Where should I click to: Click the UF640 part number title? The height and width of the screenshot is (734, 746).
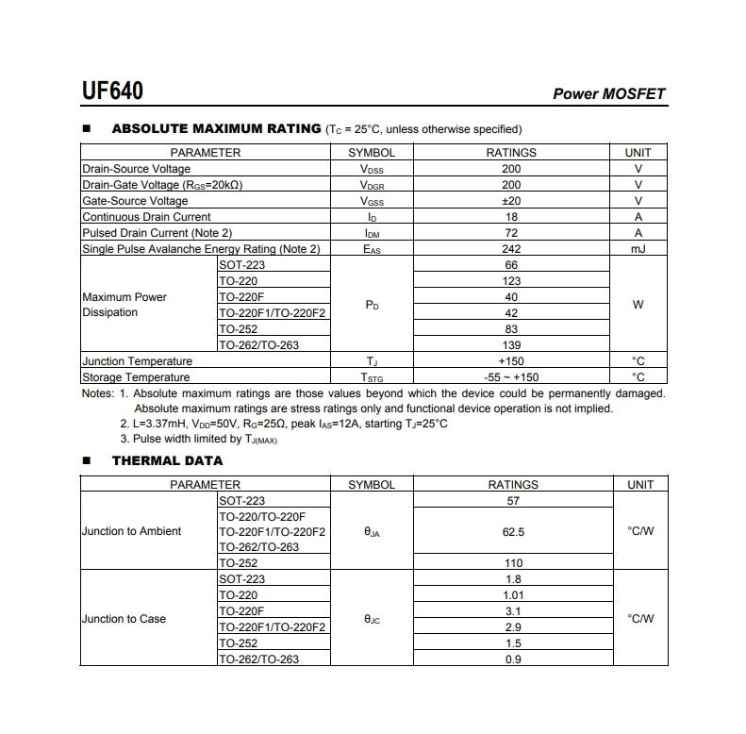113,92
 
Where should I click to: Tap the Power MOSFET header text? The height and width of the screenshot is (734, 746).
608,94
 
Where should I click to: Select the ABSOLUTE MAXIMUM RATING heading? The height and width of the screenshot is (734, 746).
216,129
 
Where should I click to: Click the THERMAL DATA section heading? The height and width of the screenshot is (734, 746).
167,461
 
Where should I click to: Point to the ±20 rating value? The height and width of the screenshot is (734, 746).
511,201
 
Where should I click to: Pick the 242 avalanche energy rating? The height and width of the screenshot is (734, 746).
511,249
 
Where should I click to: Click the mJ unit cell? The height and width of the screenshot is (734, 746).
638,249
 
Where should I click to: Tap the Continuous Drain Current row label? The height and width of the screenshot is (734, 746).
146,217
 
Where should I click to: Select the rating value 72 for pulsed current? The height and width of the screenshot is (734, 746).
511,233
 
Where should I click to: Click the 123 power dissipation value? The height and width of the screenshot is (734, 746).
511,281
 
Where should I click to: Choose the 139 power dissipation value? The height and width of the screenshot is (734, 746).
511,345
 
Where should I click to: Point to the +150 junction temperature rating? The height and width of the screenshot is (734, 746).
511,361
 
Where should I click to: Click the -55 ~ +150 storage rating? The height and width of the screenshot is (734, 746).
511,377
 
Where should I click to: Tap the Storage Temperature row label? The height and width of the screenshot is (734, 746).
136,377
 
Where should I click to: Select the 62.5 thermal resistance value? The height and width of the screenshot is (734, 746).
513,532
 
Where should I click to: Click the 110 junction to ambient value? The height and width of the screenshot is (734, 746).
513,563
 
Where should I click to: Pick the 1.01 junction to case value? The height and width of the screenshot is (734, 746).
513,595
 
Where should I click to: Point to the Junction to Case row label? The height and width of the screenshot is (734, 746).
124,619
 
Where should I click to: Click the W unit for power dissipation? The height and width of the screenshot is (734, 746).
638,305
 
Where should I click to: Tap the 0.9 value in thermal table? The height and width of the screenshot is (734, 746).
513,659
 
